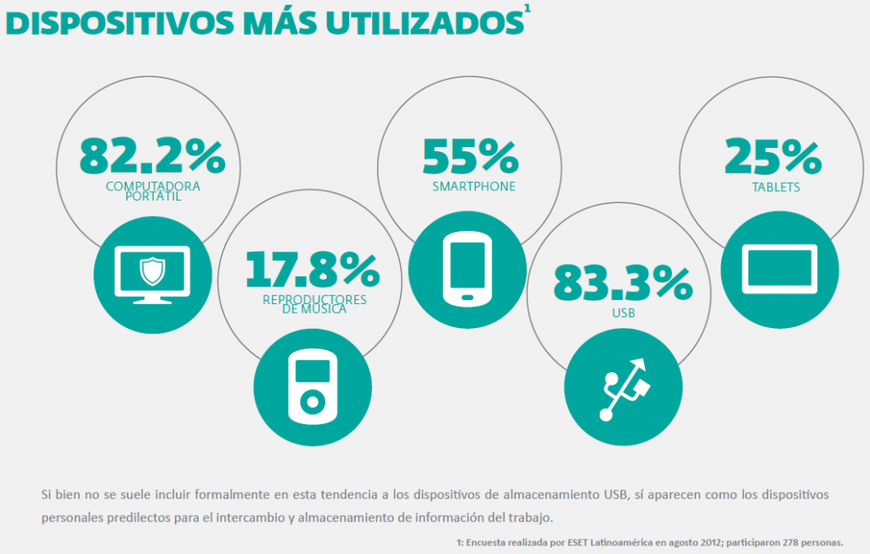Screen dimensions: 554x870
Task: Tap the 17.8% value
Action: pos(312,269)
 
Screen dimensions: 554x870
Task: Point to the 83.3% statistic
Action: pos(623,283)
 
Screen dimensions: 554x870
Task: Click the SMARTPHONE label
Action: pos(473,186)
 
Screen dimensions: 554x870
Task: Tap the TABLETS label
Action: pos(774,187)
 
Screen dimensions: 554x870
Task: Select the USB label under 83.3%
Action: pos(623,314)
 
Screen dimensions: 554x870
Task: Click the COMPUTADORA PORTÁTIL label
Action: pos(152,191)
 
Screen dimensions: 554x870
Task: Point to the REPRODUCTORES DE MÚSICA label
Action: pos(314,304)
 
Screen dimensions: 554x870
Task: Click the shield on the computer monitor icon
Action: pos(152,272)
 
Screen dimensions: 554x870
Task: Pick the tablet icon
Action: pos(779,269)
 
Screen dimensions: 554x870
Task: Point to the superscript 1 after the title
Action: pos(528,8)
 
